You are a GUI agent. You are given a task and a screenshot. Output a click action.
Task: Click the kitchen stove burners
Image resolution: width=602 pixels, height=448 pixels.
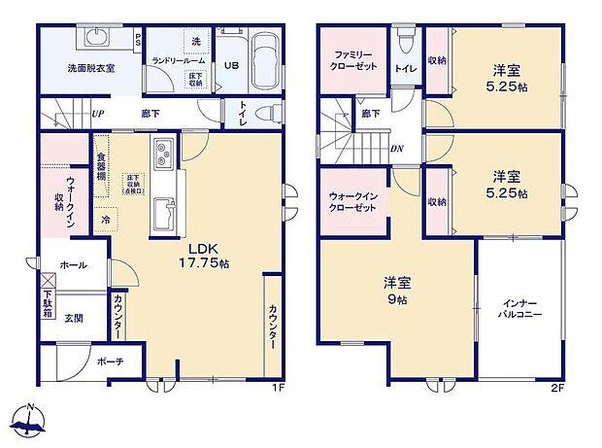[163, 154]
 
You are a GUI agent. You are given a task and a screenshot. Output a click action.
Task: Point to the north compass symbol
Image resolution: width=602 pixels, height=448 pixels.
[32, 421]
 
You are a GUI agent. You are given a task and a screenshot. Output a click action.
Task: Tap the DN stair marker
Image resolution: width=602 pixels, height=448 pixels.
[397, 149]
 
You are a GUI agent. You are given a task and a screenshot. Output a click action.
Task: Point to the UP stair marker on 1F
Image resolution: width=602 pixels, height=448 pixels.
[97, 113]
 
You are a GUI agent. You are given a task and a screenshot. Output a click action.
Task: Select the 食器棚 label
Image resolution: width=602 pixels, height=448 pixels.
[101, 165]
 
